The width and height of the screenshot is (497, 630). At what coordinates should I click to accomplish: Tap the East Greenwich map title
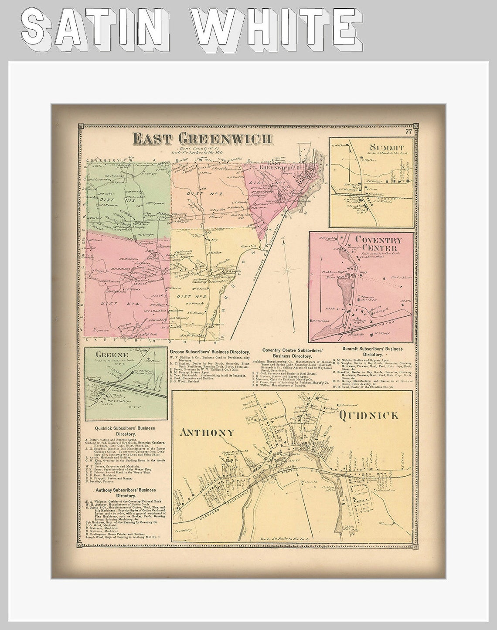(x=203, y=139)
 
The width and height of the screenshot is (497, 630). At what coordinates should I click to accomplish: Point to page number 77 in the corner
(x=408, y=132)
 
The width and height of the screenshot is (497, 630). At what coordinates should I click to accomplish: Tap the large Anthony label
(x=207, y=432)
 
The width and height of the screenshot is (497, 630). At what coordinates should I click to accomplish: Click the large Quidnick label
(x=368, y=415)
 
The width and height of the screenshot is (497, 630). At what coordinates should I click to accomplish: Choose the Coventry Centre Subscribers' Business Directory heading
(x=292, y=353)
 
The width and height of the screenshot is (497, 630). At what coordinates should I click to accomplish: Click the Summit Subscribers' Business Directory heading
(x=373, y=351)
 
